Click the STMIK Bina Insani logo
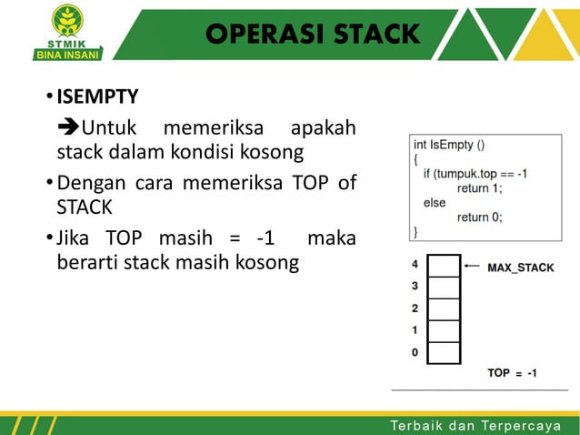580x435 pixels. point(67,31)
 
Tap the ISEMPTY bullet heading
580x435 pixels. point(98,96)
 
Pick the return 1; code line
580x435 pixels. point(479,187)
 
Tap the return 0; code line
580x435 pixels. point(479,217)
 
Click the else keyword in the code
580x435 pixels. point(435,202)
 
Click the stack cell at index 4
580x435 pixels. point(444,266)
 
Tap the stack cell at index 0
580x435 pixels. point(444,353)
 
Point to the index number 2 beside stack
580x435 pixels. point(415,309)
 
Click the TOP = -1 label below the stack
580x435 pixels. point(512,373)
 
